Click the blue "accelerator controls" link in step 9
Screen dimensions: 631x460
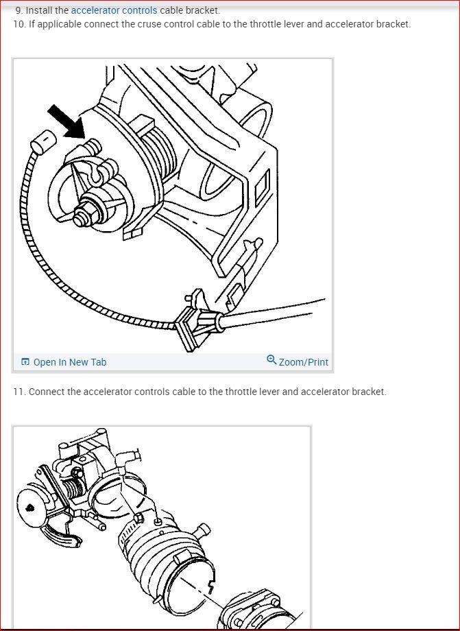[x=114, y=10]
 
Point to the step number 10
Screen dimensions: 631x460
[x=19, y=24]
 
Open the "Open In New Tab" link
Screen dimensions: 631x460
[x=69, y=362]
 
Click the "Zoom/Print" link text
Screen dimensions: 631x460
[x=303, y=362]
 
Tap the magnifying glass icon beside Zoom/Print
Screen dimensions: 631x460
[x=271, y=360]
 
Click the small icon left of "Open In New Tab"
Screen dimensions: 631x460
[x=25, y=362]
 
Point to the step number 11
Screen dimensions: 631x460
[x=19, y=392]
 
